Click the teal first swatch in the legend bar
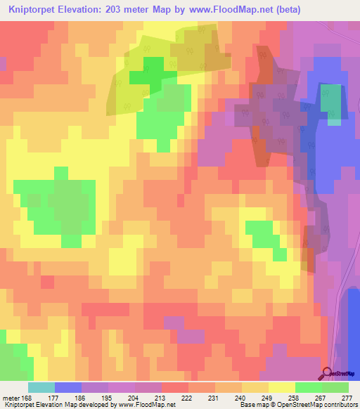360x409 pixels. coord(41,387)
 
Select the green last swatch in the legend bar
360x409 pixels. coord(335,387)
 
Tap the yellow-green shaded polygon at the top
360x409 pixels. coord(169,67)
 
